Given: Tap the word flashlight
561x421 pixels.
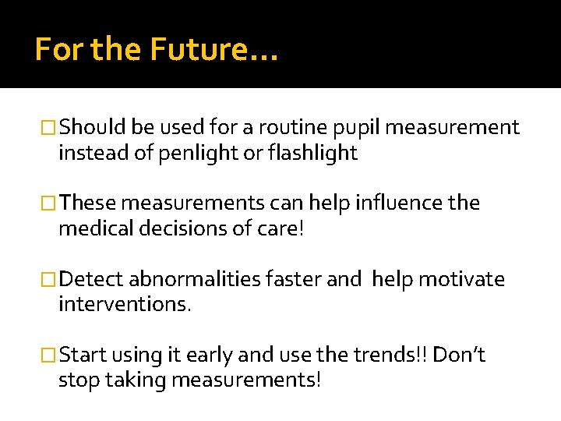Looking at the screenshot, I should coord(312,154).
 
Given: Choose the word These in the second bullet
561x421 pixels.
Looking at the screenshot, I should coord(88,203).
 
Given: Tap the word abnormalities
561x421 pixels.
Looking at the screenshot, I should coord(195,279).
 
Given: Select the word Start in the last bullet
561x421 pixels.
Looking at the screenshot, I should coord(83,356).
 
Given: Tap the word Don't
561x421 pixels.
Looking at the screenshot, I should coord(459,356).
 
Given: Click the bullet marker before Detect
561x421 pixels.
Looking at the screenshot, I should coord(50,280).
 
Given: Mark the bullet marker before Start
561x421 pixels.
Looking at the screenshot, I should coord(50,356).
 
